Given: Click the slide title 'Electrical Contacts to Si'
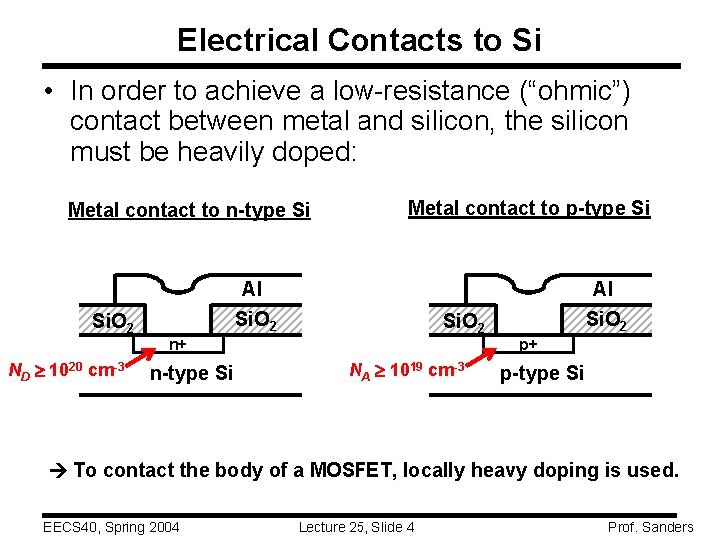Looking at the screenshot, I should coord(359,39).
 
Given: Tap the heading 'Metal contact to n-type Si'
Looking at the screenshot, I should coord(189,210).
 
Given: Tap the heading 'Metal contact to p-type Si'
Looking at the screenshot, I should coord(529,208).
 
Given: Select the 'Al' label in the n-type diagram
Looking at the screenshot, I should coord(252,289).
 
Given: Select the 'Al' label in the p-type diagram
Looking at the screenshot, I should coord(603,289).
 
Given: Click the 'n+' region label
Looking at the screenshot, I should coord(178,345).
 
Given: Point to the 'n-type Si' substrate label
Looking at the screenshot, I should coord(190,374).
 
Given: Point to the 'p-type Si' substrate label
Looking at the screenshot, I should coord(542,374).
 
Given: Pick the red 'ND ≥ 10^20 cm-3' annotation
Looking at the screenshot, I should coord(66,370).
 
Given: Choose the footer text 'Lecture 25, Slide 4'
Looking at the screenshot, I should coord(357,527).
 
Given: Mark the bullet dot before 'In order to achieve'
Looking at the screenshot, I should coord(47,91).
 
